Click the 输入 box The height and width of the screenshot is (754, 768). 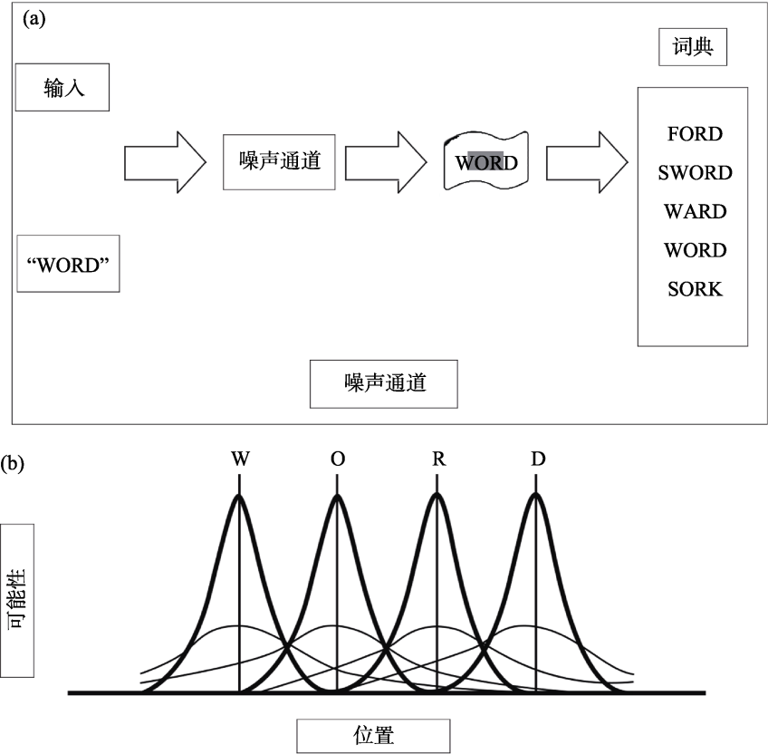pos(62,87)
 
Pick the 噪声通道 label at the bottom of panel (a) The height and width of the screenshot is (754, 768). pos(384,383)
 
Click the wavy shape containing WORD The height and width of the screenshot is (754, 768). pos(486,163)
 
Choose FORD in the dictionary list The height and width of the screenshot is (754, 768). pos(695,134)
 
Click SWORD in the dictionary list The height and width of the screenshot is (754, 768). pos(695,173)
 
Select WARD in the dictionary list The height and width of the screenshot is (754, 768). pos(695,212)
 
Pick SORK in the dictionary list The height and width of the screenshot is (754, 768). pos(695,290)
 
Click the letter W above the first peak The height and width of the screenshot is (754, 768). pos(240,459)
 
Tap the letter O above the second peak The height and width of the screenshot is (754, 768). pos(338,459)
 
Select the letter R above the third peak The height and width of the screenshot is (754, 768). pos(438,459)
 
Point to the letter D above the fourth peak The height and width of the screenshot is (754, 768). pos(538,459)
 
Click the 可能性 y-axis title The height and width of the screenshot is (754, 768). pos(18,599)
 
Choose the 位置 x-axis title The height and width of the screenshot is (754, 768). pos(372,735)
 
